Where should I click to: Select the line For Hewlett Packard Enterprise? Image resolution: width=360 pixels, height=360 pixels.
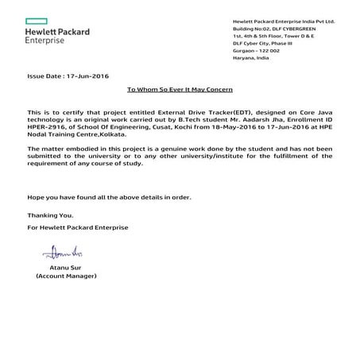[77, 227]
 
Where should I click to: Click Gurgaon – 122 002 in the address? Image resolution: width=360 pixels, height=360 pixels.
[254, 50]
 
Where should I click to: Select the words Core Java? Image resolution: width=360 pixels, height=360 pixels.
[316, 114]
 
